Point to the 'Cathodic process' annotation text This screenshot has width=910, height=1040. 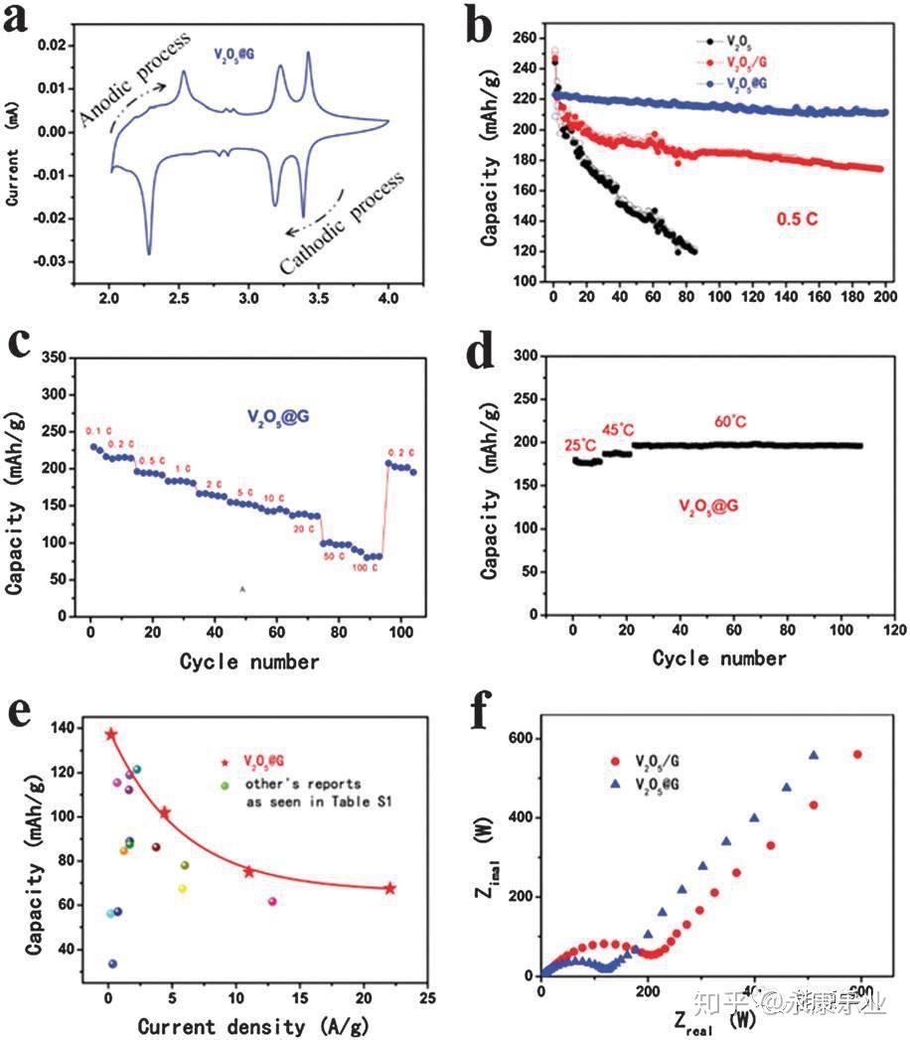[x=343, y=224]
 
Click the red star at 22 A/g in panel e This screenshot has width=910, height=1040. [x=390, y=888]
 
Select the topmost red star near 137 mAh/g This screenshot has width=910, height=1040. [x=111, y=734]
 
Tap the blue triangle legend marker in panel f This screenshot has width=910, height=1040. [x=616, y=784]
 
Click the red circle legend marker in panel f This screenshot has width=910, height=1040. [x=616, y=762]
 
